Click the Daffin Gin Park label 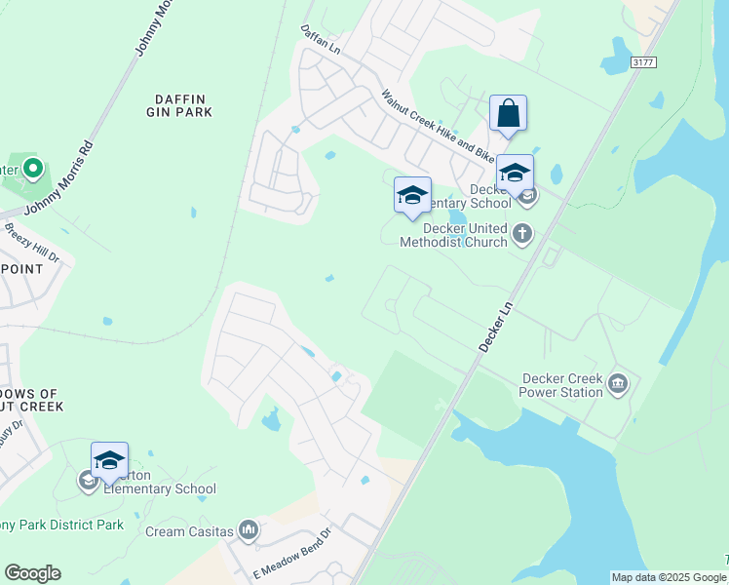click(183, 105)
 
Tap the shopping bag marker click(509, 113)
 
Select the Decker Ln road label click(496, 320)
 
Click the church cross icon click(523, 234)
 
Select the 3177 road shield click(643, 61)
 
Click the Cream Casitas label click(189, 531)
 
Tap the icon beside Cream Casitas click(249, 530)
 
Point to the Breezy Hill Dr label click(33, 244)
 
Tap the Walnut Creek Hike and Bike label click(439, 126)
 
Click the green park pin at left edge click(33, 170)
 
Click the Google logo click(32, 573)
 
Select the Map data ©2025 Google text click(668, 577)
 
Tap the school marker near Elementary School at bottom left click(109, 461)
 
